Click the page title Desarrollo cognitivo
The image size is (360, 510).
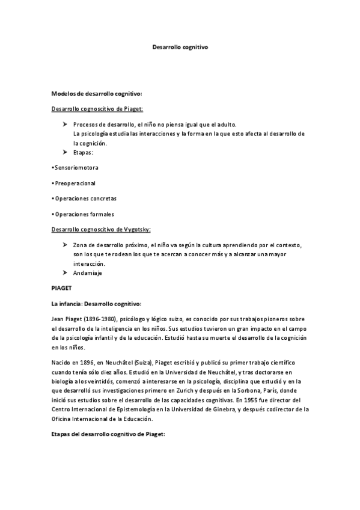point(180,46)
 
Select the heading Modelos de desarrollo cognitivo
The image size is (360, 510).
point(97,94)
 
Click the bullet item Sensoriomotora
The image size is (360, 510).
point(76,167)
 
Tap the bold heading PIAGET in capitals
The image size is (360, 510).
point(62,288)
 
